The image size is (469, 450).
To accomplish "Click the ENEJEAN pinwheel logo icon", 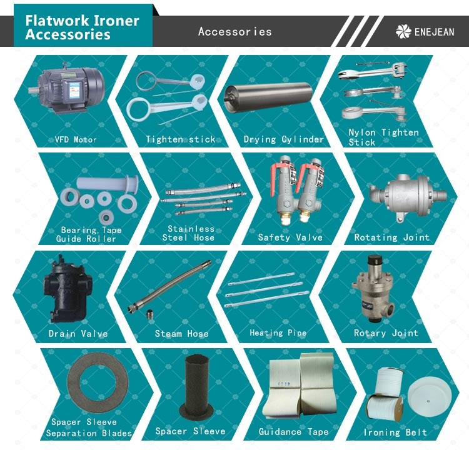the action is [403, 31].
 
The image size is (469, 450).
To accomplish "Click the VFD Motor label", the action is [76, 139].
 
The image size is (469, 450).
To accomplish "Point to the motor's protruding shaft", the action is [34, 90].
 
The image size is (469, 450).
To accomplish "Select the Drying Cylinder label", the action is [283, 139].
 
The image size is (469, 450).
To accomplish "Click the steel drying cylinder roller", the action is [269, 97].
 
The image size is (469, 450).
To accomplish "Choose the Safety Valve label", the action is [290, 237].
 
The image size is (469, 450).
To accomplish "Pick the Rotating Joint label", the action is [392, 237].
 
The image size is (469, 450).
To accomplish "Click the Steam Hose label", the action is [181, 333].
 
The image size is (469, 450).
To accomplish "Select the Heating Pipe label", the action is [278, 332].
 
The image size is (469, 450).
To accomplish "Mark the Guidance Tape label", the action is [293, 431].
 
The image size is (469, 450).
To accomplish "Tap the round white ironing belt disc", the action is [429, 397].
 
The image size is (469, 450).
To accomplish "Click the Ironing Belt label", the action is [395, 432].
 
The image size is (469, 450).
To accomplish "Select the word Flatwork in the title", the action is [57, 21].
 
